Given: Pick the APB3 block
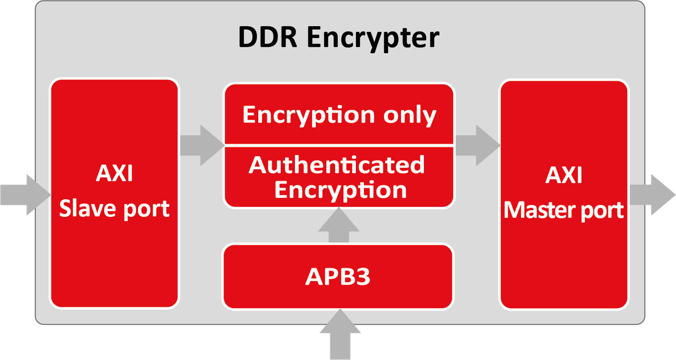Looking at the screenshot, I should [x=338, y=277].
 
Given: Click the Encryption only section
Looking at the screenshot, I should [x=339, y=115].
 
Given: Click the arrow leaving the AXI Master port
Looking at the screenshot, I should [x=652, y=194].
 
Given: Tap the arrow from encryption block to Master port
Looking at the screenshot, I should [x=477, y=145].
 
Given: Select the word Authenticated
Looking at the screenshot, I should [x=337, y=165].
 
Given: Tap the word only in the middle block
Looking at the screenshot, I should [x=410, y=115].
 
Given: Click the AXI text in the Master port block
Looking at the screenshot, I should [x=564, y=175].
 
